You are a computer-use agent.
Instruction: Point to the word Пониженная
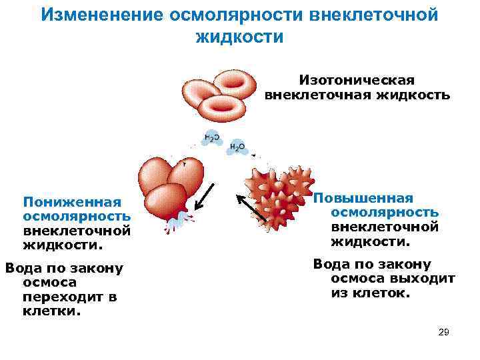click(72, 202)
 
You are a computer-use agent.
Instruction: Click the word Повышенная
click(363, 198)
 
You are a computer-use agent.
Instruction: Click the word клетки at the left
click(51, 311)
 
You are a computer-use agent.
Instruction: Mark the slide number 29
click(444, 332)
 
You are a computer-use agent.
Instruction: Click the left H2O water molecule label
click(211, 138)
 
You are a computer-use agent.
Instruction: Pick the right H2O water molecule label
click(237, 147)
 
